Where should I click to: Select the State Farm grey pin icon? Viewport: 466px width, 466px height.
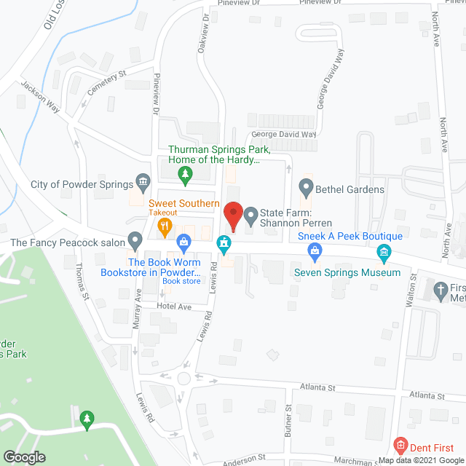[251, 215]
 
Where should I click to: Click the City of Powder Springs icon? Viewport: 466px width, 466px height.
[143, 182]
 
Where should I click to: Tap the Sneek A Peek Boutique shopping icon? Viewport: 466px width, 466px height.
[315, 252]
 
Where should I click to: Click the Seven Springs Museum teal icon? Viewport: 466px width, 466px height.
[384, 253]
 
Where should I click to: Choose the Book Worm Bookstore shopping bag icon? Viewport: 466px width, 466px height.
[183, 240]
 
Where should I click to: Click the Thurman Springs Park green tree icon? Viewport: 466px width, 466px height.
[186, 173]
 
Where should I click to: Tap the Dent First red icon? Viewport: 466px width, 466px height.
[399, 444]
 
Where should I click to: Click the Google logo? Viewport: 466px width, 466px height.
[25, 457]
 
